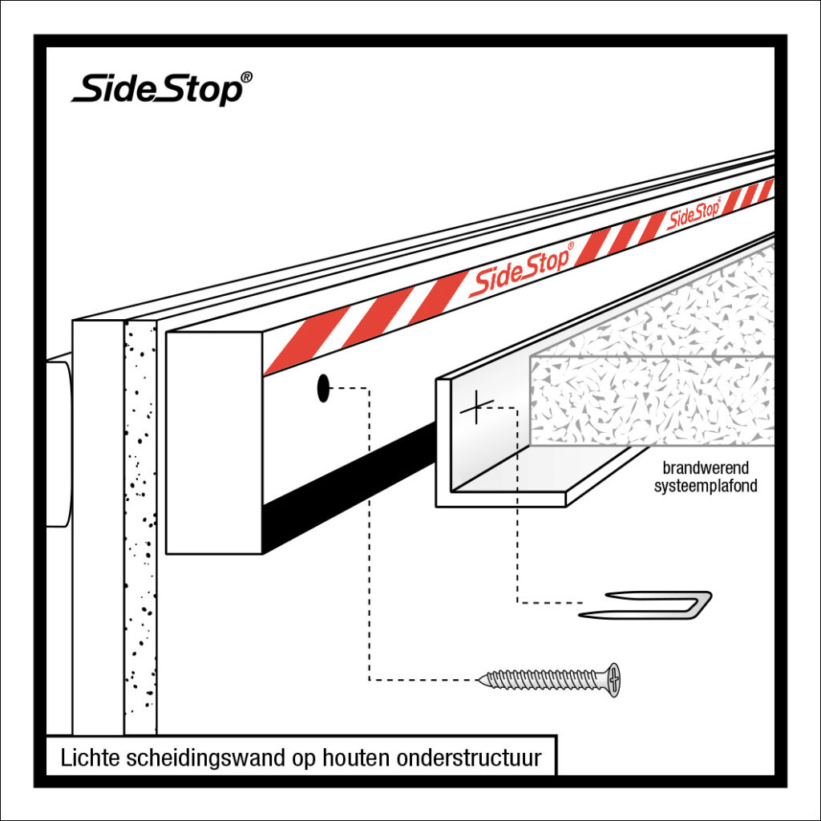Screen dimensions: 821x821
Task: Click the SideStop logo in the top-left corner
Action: pos(157,87)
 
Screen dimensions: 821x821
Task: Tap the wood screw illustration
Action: pos(549,680)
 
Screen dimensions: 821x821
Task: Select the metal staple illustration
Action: pos(646,605)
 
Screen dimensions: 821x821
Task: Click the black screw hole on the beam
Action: pos(323,388)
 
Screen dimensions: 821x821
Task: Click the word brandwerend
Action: pos(700,468)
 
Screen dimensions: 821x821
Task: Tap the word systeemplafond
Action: pos(706,487)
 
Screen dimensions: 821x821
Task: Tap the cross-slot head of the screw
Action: pos(613,680)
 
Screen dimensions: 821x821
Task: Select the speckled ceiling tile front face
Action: pos(649,401)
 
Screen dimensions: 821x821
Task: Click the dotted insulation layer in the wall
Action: pos(140,521)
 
